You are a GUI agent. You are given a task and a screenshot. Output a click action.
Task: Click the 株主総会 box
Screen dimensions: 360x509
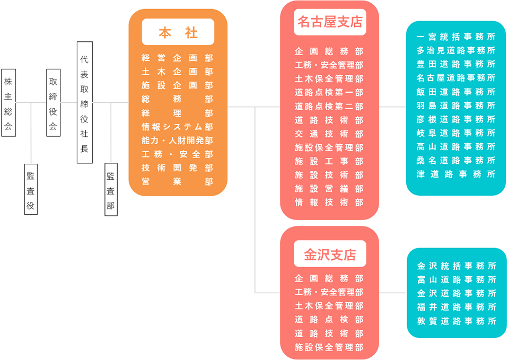coord(8,102)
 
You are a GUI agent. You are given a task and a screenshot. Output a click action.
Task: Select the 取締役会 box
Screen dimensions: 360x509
coord(53,102)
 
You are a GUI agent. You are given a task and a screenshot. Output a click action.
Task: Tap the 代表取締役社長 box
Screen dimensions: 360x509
coord(84,102)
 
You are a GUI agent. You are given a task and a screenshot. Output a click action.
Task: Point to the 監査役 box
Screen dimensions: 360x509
coord(31,189)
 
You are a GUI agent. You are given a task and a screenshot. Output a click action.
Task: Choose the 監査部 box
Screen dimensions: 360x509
coord(110,189)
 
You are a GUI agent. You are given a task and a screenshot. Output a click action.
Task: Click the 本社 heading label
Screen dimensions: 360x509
coord(178,32)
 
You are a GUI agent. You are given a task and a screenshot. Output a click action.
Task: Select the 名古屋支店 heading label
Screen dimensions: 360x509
coord(329,22)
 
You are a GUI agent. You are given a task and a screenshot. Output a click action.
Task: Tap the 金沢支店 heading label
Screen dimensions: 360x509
coord(329,254)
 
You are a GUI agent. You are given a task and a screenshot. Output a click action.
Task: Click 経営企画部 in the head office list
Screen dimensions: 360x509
coord(177,58)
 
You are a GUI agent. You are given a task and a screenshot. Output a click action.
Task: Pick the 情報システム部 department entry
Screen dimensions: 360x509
coord(177,127)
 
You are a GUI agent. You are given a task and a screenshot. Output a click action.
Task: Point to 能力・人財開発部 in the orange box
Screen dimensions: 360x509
coord(177,141)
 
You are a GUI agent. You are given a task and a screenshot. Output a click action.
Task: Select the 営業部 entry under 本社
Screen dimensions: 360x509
coord(177,182)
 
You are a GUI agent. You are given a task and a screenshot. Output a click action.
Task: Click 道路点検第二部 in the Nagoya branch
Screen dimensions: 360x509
coord(329,106)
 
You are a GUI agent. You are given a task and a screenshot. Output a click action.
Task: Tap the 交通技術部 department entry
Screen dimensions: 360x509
coord(329,134)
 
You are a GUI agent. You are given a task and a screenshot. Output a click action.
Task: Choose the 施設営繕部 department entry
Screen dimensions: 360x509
coord(329,189)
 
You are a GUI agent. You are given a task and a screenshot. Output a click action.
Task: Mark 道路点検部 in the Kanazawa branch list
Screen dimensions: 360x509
coord(329,320)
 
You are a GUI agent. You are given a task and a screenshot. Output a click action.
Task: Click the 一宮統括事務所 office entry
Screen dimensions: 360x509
coord(456,37)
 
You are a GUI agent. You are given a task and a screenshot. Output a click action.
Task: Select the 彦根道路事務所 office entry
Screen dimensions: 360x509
coord(456,119)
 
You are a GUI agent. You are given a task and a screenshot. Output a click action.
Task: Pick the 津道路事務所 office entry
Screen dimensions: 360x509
coord(456,174)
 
